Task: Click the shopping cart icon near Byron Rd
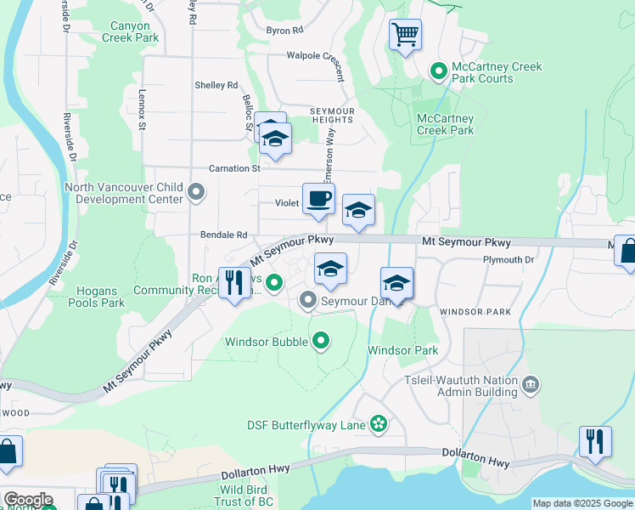click(x=406, y=36)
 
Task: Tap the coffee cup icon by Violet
click(x=318, y=199)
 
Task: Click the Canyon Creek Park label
click(x=130, y=32)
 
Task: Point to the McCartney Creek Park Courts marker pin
click(x=439, y=71)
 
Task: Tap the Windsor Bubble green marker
click(x=320, y=342)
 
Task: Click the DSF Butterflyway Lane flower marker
click(x=379, y=424)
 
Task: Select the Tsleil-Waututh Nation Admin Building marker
click(x=531, y=386)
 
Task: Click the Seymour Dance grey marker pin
click(x=307, y=301)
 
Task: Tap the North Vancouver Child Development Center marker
click(x=196, y=192)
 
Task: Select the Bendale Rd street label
click(x=223, y=235)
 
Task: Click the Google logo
click(x=28, y=500)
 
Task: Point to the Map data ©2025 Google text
click(x=582, y=503)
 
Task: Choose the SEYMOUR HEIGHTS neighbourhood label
click(x=330, y=116)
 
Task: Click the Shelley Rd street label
click(x=216, y=85)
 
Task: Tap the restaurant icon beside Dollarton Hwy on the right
click(x=595, y=442)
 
